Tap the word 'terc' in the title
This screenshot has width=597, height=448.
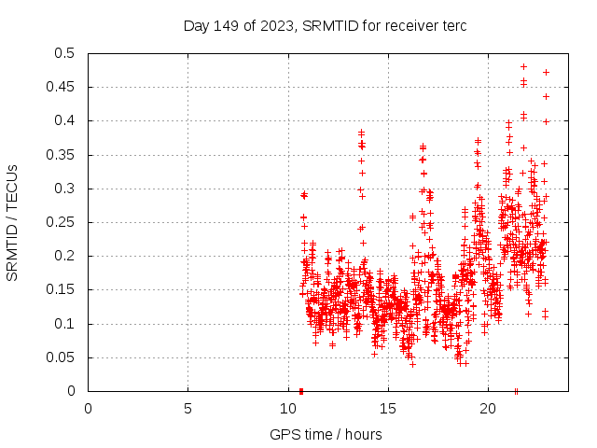point(453,25)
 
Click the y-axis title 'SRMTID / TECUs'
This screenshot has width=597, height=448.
point(12,222)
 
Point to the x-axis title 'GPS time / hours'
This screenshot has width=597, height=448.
point(326,434)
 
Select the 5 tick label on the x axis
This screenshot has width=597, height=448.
point(187,408)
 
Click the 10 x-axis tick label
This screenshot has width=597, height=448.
point(287,408)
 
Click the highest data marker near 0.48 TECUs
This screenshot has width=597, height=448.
point(523,67)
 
